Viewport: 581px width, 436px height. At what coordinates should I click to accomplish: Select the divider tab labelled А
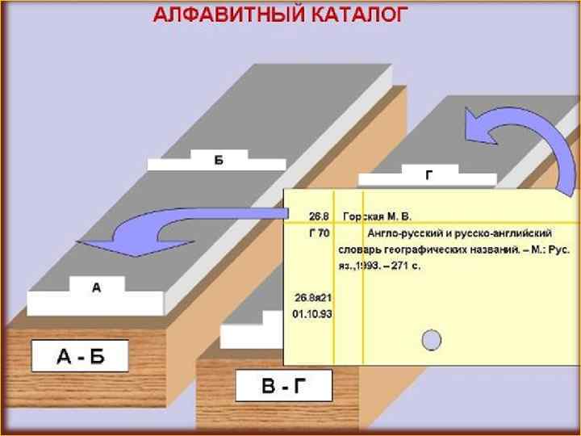pos(96,287)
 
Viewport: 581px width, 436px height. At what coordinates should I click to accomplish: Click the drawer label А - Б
pos(81,355)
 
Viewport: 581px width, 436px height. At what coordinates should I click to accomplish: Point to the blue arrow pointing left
pos(169,228)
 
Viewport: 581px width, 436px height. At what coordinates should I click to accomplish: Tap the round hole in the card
pos(433,339)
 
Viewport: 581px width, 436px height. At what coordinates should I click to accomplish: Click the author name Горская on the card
pos(363,216)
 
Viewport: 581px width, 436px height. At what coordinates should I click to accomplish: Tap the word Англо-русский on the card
pos(402,233)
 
